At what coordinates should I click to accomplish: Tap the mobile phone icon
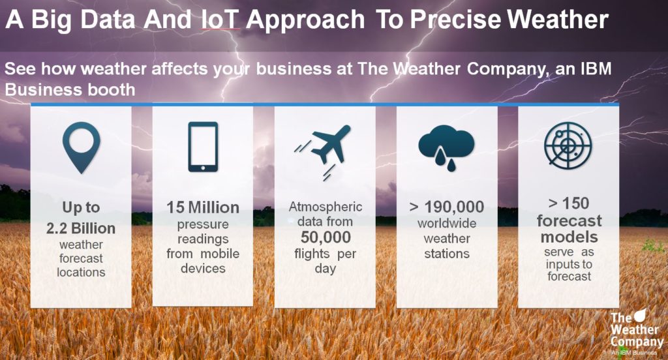[204, 147]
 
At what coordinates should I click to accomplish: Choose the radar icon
[568, 145]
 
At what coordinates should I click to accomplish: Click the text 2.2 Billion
[81, 228]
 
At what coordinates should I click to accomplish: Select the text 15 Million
[203, 207]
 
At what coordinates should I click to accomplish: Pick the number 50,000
[326, 237]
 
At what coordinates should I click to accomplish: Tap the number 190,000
[454, 207]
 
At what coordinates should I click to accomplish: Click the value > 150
[569, 203]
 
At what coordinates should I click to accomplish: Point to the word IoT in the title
[221, 19]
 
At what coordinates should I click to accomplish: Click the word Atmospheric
[326, 207]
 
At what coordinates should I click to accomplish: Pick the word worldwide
[447, 223]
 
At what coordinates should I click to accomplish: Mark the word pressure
[203, 224]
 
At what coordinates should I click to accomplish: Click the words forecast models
[569, 229]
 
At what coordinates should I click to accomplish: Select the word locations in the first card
[81, 272]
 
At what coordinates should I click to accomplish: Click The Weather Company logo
[637, 333]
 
